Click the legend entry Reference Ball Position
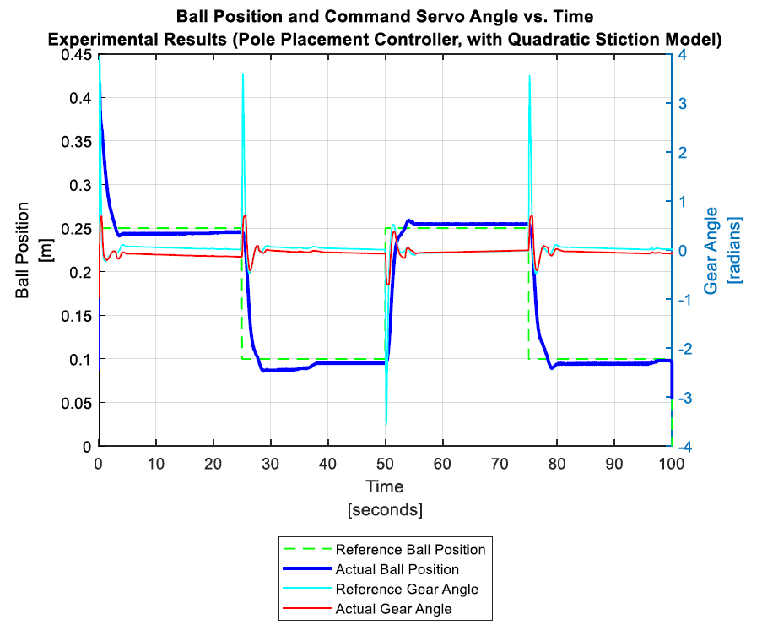(x=410, y=550)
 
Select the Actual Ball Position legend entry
(x=397, y=569)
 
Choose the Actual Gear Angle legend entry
(x=393, y=608)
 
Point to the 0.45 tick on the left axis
(x=76, y=55)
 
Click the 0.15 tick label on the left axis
(x=76, y=316)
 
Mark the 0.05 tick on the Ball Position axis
(x=76, y=403)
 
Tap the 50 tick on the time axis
(x=386, y=463)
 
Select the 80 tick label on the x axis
(x=557, y=463)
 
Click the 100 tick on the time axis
(x=672, y=463)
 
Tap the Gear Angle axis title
(x=723, y=251)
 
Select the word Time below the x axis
(x=385, y=487)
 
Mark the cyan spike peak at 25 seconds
(x=243, y=74)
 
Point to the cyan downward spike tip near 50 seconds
(x=386, y=425)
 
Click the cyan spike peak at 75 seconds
(x=529, y=76)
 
